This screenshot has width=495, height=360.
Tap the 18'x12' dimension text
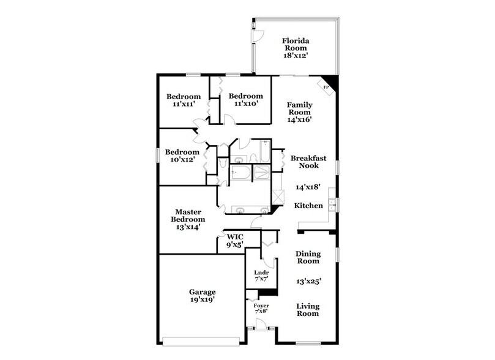click(x=295, y=55)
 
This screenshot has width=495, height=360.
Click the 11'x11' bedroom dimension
click(x=184, y=105)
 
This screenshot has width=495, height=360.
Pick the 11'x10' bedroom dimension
click(x=245, y=103)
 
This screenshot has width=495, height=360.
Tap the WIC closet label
click(x=236, y=236)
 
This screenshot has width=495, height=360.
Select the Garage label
click(x=201, y=292)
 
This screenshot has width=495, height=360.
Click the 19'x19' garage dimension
click(x=201, y=301)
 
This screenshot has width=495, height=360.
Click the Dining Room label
click(x=308, y=257)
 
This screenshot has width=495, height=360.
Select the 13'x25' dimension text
click(x=308, y=282)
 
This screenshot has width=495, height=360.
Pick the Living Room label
click(x=308, y=310)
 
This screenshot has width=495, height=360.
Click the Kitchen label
click(x=308, y=206)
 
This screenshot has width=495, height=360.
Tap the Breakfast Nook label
click(x=308, y=162)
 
